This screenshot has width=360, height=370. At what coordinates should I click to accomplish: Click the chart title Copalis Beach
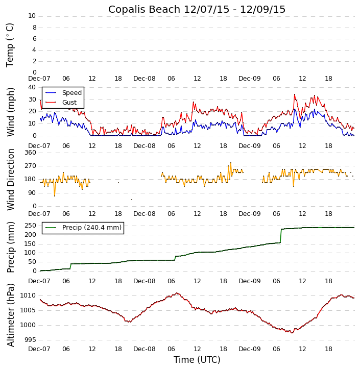197,9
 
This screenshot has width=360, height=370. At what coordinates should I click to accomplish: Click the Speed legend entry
71,93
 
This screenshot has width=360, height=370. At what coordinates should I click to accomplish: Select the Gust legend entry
69,103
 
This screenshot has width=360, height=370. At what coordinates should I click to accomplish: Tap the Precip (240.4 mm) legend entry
91,228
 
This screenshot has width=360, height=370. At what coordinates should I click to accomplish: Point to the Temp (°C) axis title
10,44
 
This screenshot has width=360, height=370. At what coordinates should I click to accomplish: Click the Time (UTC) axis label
197,360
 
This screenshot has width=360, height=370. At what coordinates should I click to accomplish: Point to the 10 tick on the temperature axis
32,16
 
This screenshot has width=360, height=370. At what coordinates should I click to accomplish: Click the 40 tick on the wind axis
32,87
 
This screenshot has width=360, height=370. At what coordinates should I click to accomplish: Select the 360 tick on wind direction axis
30,153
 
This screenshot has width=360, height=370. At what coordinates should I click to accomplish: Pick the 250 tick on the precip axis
30,226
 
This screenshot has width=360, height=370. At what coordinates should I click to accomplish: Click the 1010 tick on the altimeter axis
28,295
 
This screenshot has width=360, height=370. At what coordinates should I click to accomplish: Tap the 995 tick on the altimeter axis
30,340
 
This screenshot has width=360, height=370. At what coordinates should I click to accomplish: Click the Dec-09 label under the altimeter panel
250,349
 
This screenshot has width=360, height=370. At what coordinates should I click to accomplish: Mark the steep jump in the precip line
281,236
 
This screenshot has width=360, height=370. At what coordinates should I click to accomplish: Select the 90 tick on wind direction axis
32,193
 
